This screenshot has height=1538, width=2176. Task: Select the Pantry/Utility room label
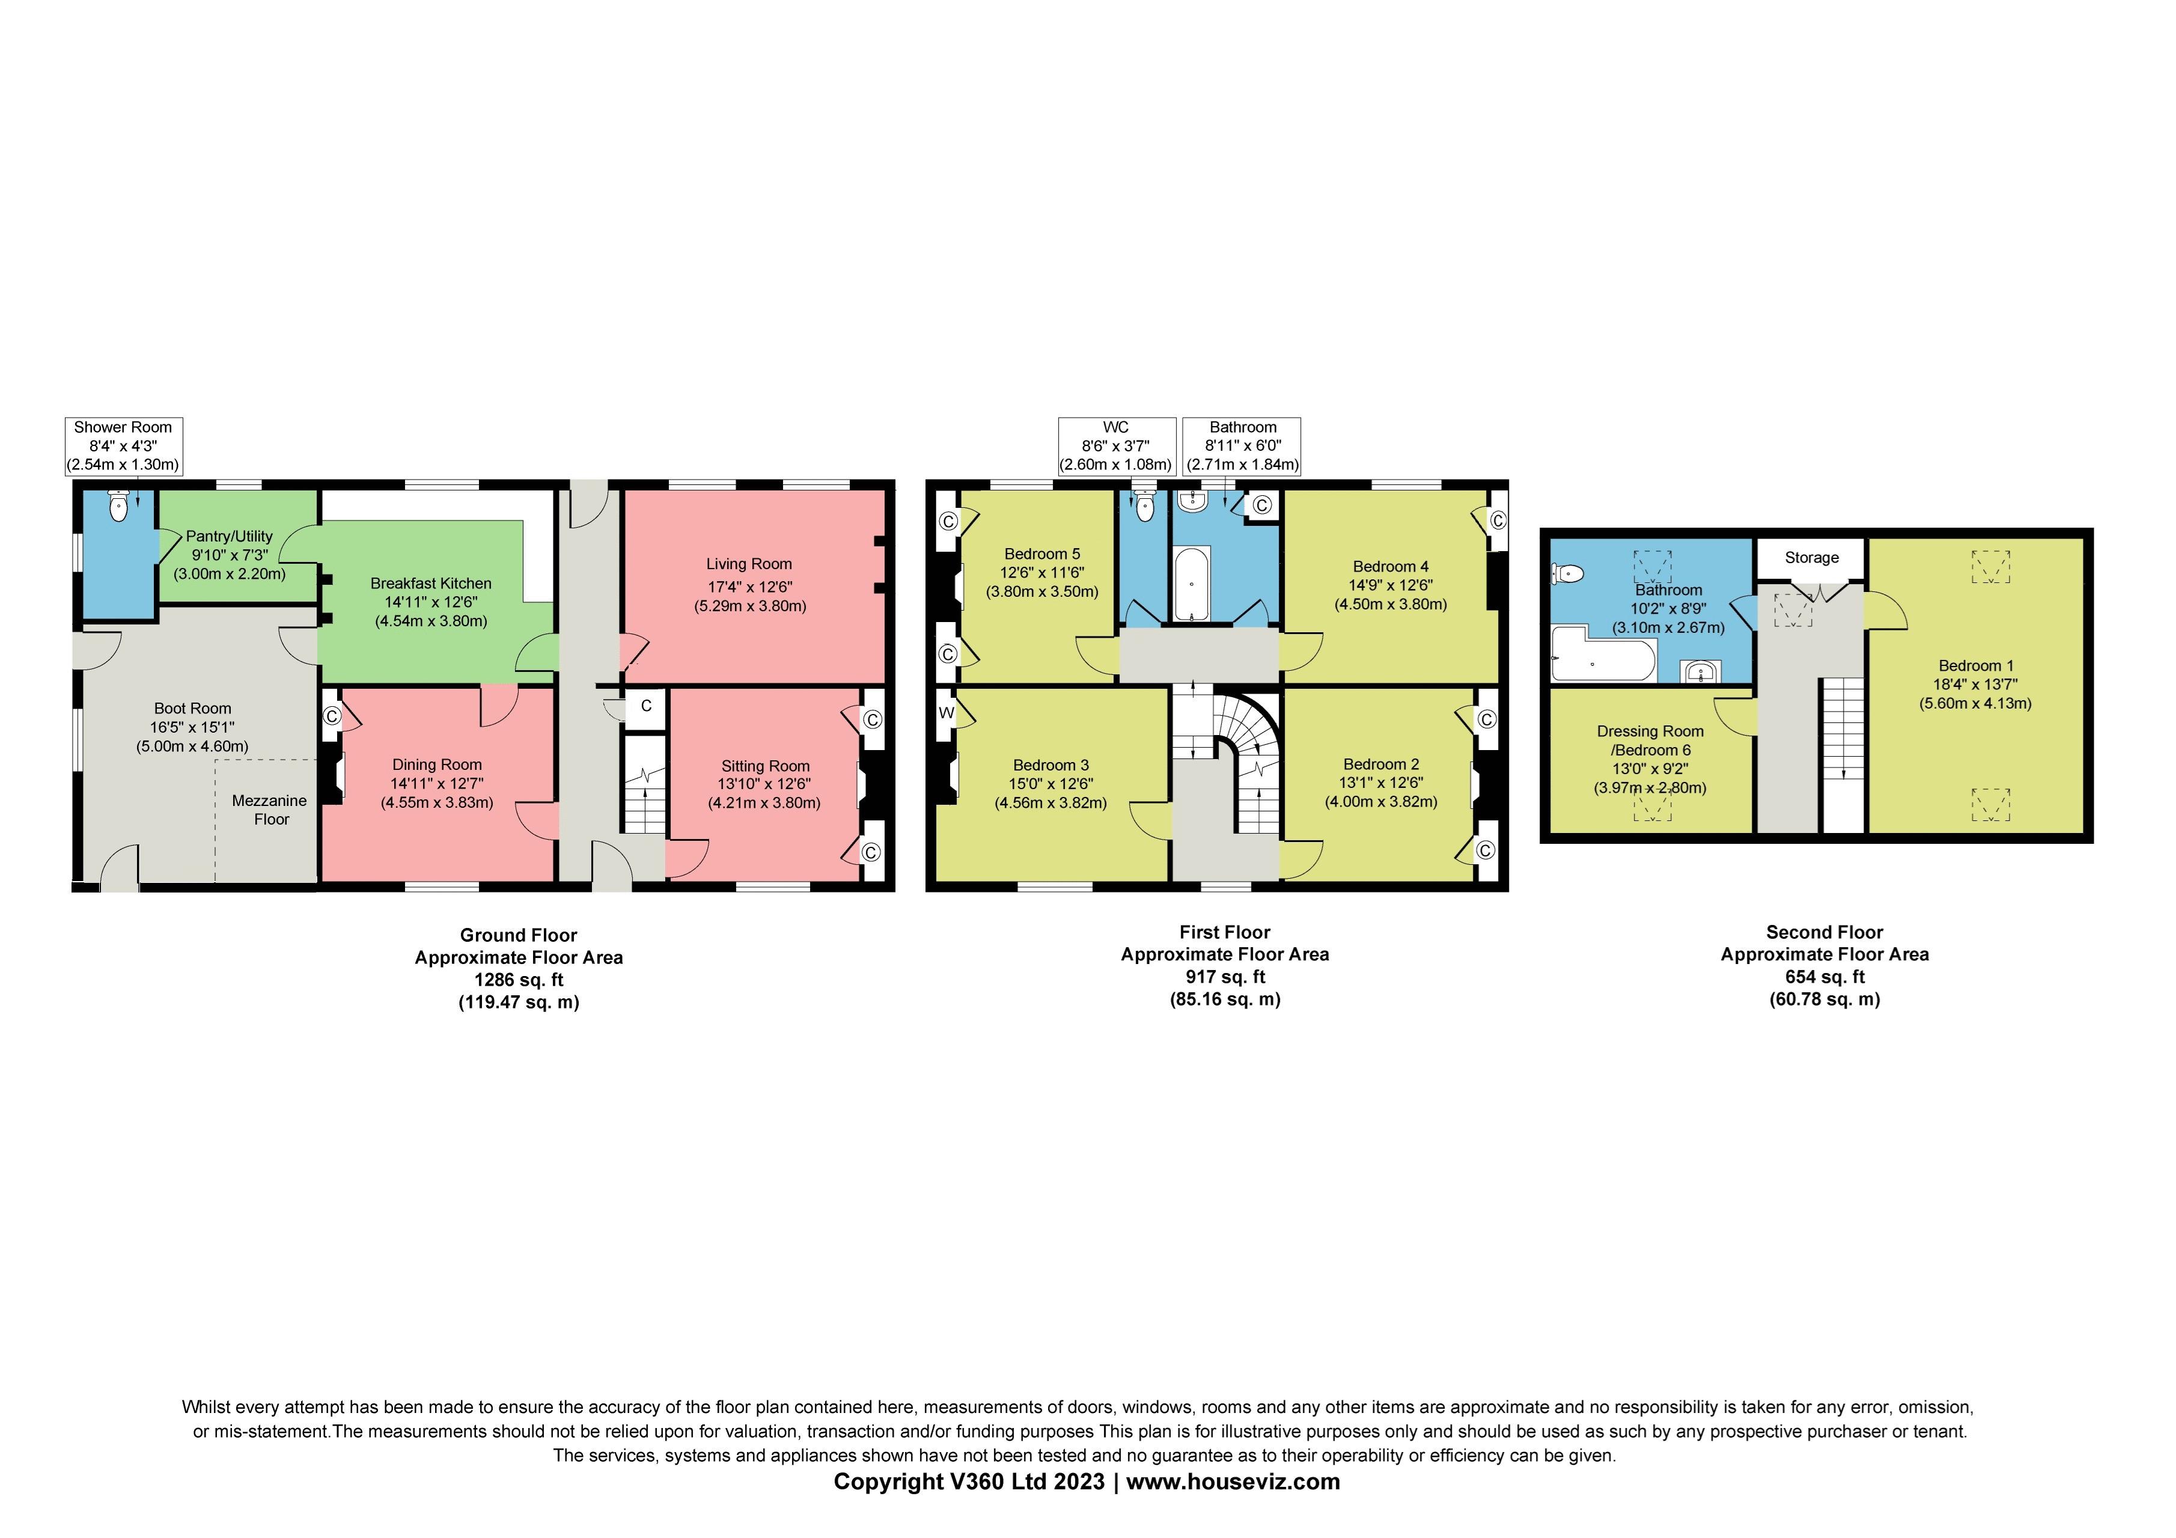coord(230,536)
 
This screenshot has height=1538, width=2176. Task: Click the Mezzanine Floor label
coord(270,810)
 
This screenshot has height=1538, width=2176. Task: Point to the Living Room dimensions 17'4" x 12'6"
coord(749,587)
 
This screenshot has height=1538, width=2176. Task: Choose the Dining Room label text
coord(437,764)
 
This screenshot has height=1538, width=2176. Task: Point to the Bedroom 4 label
coord(1391,567)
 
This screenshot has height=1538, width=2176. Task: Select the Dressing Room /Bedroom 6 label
coord(1650,740)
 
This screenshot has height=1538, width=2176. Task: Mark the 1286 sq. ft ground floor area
coord(519,980)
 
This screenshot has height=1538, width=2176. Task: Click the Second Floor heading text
coord(1824,932)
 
